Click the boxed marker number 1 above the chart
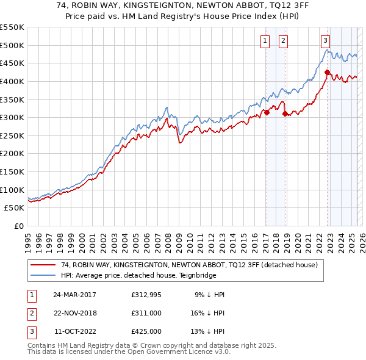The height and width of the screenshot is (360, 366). pos(266,41)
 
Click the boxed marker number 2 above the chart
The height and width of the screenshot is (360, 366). pos(284,41)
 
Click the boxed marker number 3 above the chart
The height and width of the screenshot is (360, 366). pos(326,41)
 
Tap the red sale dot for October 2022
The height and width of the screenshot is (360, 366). pos(327,73)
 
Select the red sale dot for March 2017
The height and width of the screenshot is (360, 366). pos(267,112)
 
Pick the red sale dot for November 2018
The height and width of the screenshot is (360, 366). pos(285,113)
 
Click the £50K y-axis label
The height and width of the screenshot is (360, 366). pos(15,207)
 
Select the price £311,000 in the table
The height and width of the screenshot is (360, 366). pos(146,312)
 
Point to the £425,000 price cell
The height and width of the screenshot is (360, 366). pos(146,331)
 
